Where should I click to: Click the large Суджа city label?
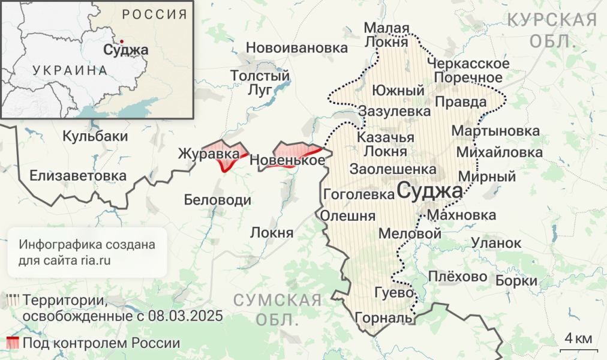(x=429, y=191)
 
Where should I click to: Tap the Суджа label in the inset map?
(x=125, y=50)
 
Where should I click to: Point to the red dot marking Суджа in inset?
(x=122, y=41)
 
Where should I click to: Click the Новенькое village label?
(x=287, y=160)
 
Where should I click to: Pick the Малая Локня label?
(x=387, y=36)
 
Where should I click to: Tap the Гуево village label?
(x=393, y=293)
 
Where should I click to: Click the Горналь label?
(x=384, y=317)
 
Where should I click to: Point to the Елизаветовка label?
(x=78, y=176)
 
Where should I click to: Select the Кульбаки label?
(x=95, y=136)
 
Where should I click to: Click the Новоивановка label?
(x=289, y=47)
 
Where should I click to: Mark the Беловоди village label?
(x=217, y=200)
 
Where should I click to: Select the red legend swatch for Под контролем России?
(x=13, y=343)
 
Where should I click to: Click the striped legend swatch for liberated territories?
(x=13, y=300)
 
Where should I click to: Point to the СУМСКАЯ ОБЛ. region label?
(x=277, y=310)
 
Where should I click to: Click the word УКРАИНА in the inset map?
(x=70, y=70)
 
